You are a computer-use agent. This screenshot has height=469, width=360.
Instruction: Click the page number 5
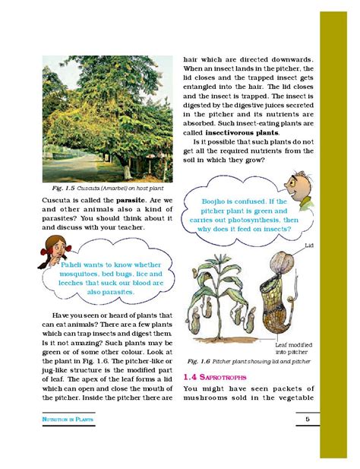click(x=307, y=419)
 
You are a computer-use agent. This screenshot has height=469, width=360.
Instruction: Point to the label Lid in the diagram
click(x=309, y=246)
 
